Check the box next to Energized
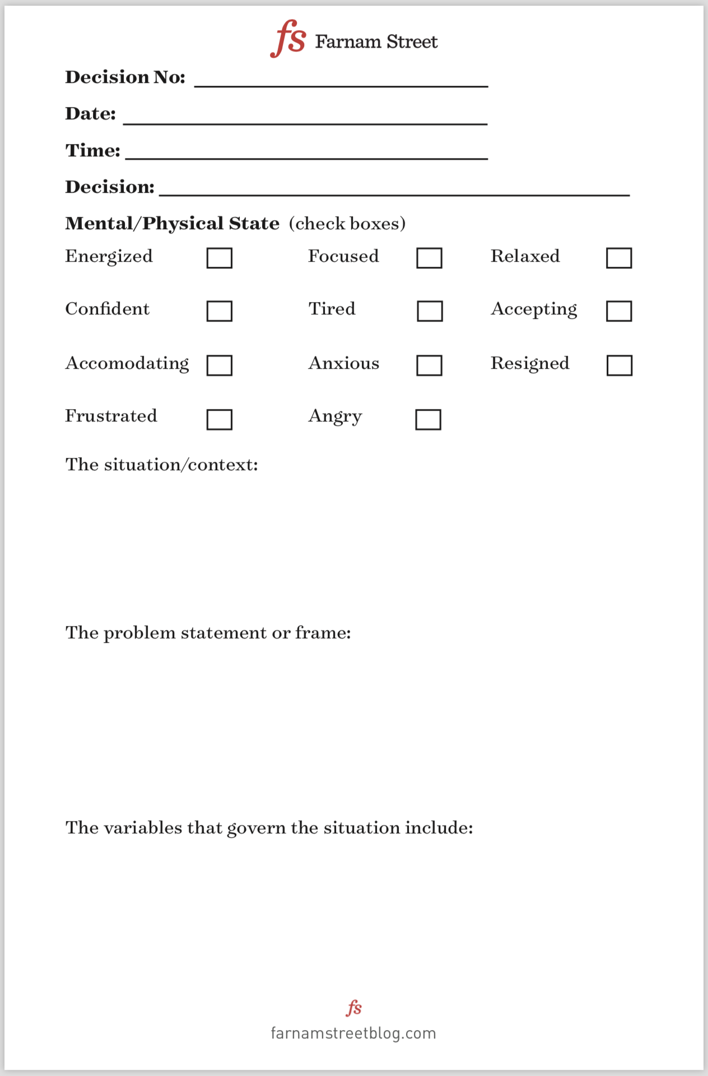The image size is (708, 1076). [219, 258]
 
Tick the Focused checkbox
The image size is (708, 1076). [429, 258]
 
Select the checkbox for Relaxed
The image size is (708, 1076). [619, 258]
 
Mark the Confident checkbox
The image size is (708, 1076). [219, 311]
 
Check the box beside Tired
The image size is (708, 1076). [430, 311]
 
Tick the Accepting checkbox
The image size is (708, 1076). [619, 311]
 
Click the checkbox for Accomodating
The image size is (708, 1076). [219, 365]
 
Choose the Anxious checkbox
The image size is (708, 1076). [429, 365]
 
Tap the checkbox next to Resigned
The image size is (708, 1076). [619, 365]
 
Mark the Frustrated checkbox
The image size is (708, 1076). [219, 419]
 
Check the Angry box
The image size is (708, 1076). [428, 419]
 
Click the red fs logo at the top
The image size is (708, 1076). [288, 38]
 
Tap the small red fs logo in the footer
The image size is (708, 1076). [353, 1008]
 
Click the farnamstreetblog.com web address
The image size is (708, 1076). [353, 1033]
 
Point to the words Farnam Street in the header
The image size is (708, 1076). [376, 41]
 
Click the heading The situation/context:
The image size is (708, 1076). [162, 465]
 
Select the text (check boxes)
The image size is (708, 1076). [347, 224]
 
